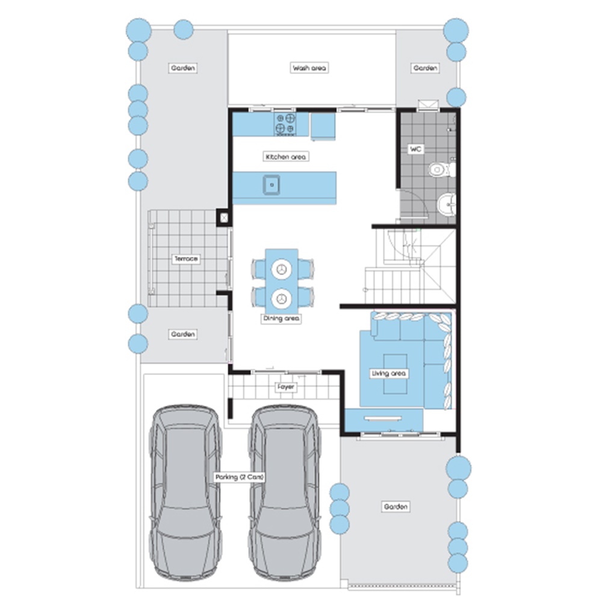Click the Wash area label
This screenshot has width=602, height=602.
click(309, 68)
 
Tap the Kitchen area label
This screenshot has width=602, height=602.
click(285, 157)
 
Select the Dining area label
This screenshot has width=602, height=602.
click(281, 318)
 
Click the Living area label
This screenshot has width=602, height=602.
click(388, 373)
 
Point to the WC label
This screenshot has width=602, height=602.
click(415, 149)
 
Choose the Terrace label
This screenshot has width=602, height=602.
click(186, 259)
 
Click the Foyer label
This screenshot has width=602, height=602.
click(286, 387)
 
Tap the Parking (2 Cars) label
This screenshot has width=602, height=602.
click(239, 477)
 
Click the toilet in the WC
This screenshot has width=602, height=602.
click(441, 169)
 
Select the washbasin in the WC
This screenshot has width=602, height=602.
click(447, 205)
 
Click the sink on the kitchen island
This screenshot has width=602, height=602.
click(272, 185)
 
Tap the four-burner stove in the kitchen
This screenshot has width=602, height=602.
click(285, 124)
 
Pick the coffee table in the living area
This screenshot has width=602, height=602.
click(395, 374)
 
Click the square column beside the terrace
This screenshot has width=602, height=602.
click(224, 218)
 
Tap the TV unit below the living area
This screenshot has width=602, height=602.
click(384, 420)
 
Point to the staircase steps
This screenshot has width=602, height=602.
click(410, 285)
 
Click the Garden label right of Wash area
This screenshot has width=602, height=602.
click(425, 68)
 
